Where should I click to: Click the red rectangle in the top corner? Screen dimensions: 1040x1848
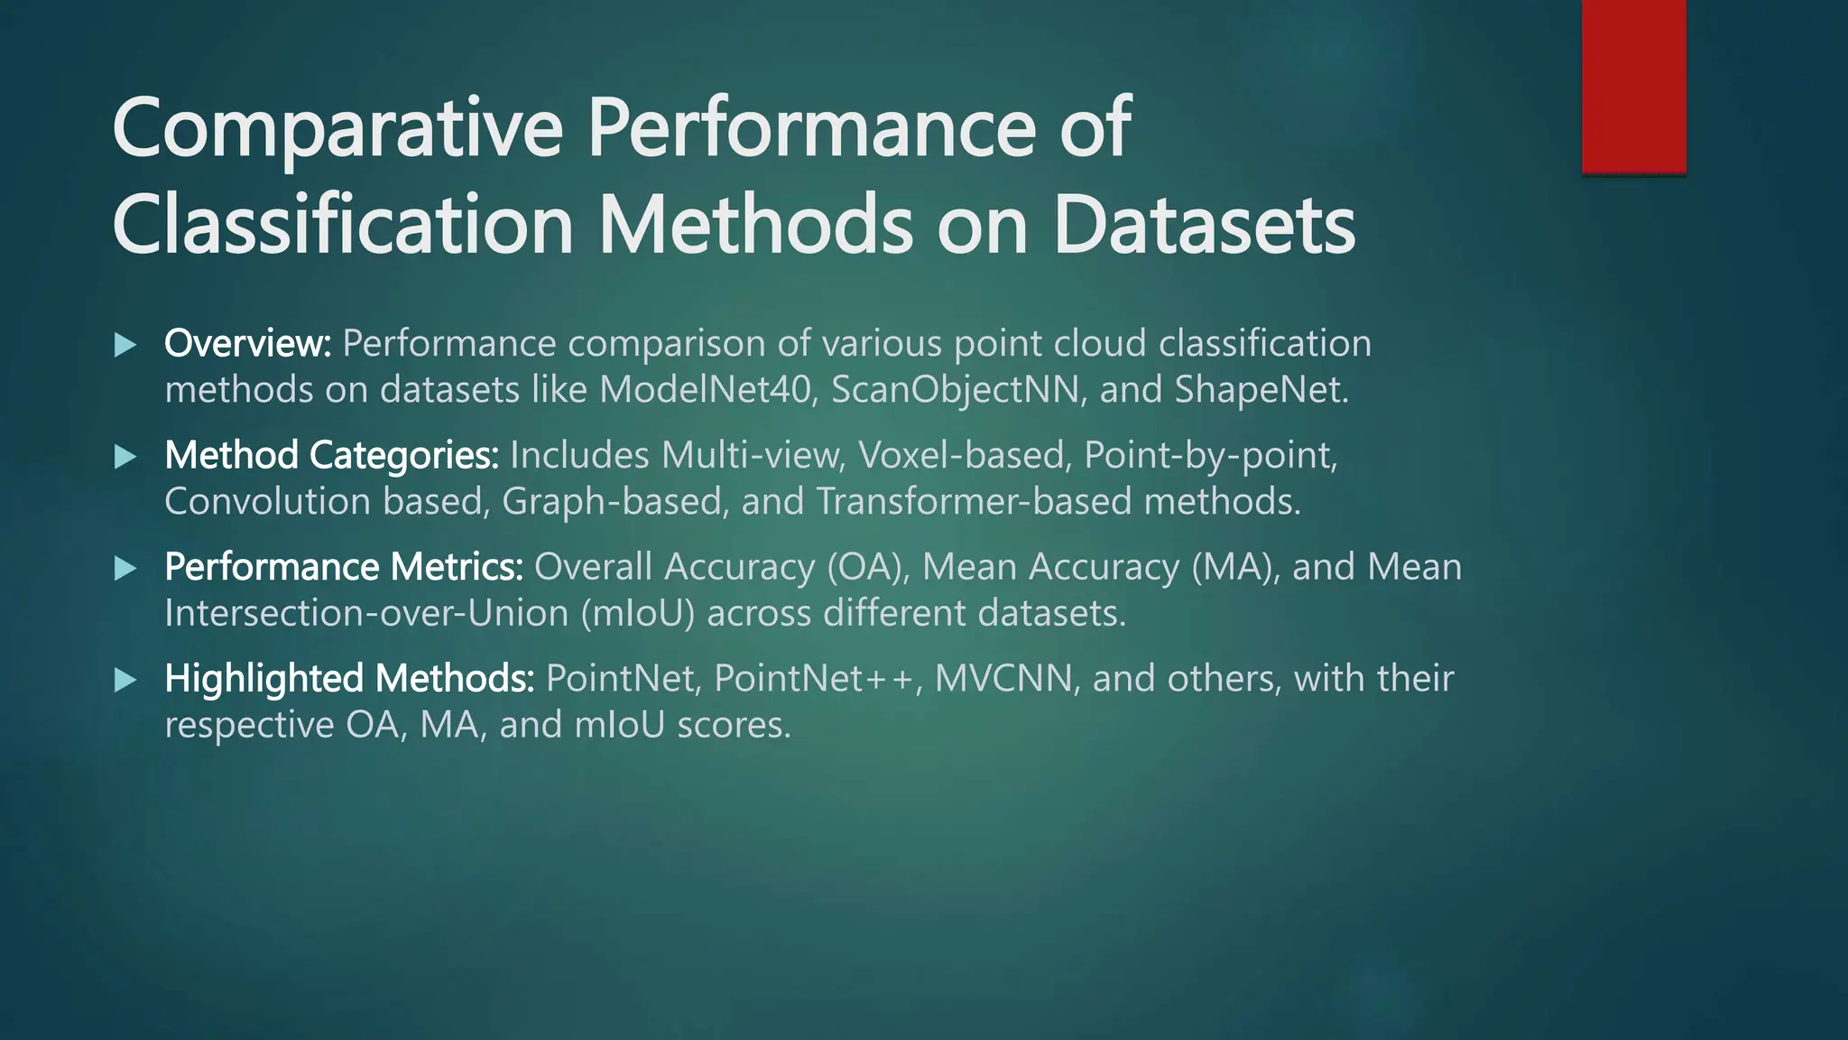click(1633, 86)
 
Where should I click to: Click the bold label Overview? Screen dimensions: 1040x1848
click(248, 344)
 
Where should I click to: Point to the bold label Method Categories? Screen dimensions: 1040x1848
click(331, 456)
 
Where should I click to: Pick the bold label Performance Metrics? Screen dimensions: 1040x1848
click(344, 568)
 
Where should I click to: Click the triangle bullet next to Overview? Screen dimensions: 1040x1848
click(125, 345)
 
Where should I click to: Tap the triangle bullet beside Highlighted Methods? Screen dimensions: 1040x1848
click(125, 680)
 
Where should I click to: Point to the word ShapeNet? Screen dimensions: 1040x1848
click(1260, 390)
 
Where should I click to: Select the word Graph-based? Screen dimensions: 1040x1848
click(614, 502)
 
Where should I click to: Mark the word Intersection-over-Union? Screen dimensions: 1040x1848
click(366, 614)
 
